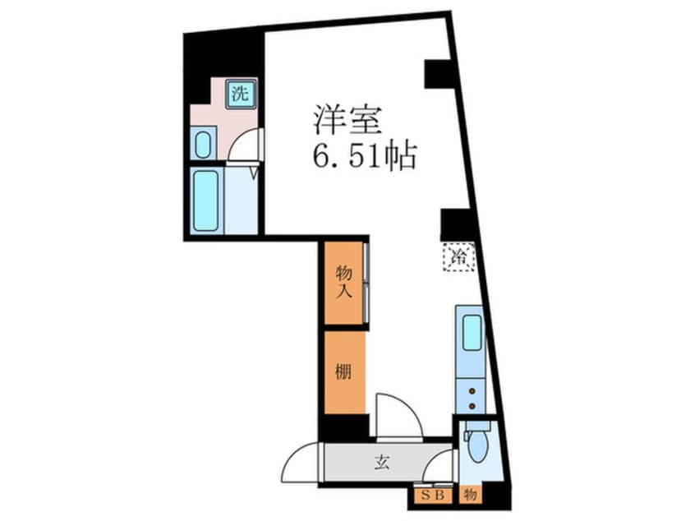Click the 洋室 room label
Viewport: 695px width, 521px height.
[346, 121]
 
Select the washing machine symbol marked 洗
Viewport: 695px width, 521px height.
[240, 93]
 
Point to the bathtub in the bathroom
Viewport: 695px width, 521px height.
[206, 200]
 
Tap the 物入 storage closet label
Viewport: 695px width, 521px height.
[343, 282]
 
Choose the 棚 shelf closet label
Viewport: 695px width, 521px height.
[343, 371]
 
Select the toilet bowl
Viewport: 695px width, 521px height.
[476, 446]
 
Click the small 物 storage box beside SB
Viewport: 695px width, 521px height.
[470, 496]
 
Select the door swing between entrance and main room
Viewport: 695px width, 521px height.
[398, 415]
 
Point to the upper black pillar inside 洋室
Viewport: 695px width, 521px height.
[438, 74]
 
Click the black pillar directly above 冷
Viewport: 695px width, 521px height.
[454, 224]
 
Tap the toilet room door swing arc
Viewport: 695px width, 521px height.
[442, 466]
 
